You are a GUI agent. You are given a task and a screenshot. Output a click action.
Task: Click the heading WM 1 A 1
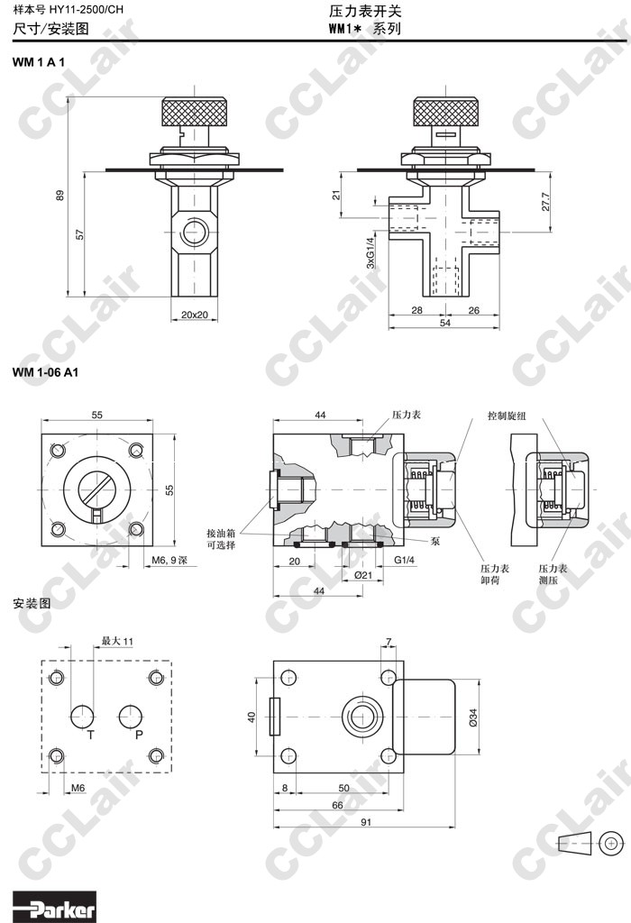pos(38,62)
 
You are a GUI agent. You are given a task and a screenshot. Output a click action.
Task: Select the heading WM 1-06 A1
pos(45,372)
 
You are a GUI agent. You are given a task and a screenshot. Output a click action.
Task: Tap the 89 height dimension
pos(59,195)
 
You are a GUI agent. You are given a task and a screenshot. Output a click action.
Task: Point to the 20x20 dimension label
pos(194,315)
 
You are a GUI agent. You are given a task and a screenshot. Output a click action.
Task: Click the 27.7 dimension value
pos(545,201)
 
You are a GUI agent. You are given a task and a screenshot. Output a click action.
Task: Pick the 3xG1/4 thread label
pos(370,252)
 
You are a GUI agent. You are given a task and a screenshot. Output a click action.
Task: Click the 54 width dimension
pos(445,323)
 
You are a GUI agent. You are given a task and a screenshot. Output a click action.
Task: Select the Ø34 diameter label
pos(473,717)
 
